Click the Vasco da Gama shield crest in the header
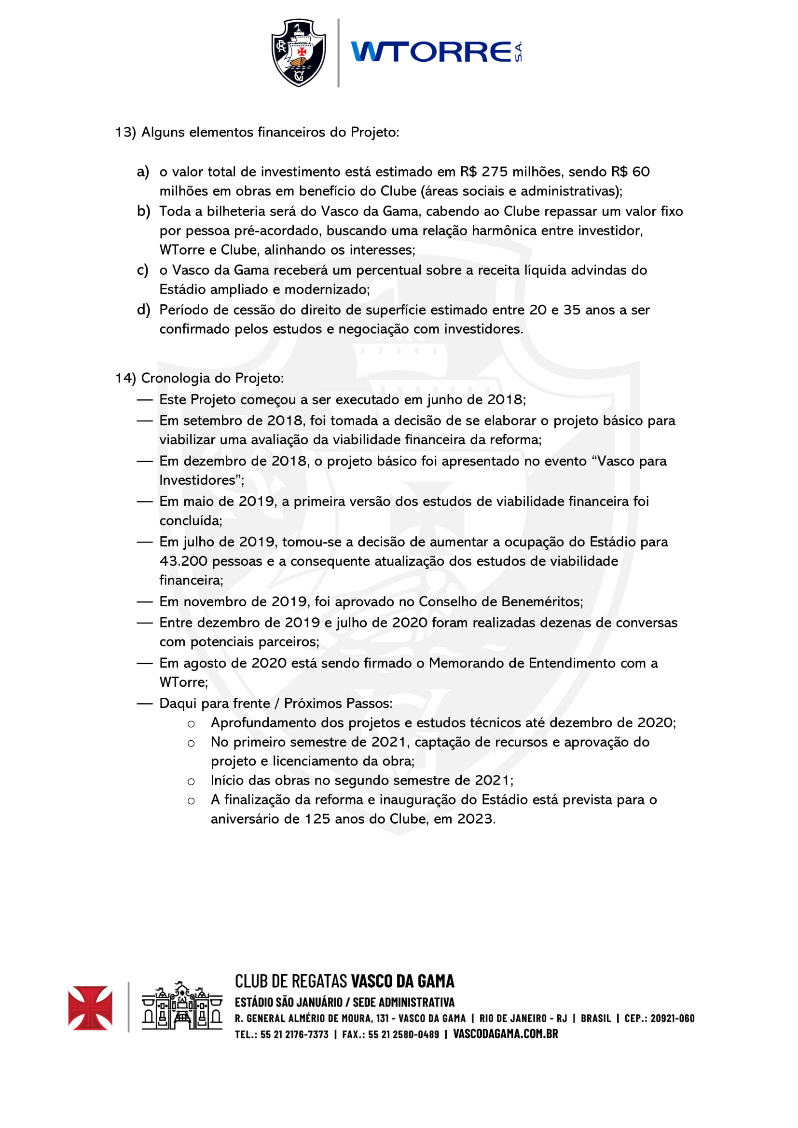pyautogui.click(x=299, y=53)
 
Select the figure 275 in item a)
pyautogui.click(x=495, y=172)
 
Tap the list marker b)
pyautogui.click(x=143, y=211)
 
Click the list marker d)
pyautogui.click(x=143, y=310)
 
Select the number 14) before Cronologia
pyautogui.click(x=125, y=378)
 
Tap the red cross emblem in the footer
pyautogui.click(x=90, y=1007)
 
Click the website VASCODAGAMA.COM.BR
pyautogui.click(x=505, y=1033)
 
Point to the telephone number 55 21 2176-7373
pyautogui.click(x=294, y=1034)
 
